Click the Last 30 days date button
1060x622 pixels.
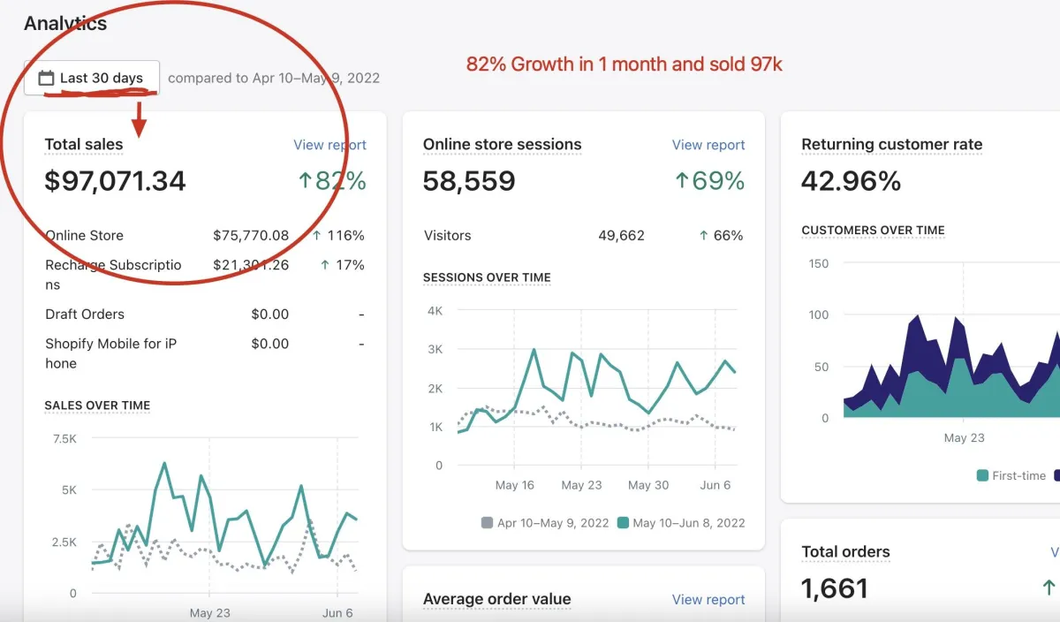tap(92, 78)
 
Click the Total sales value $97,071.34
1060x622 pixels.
tap(116, 181)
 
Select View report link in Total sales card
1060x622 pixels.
tap(329, 145)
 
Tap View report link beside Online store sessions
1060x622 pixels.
tap(708, 145)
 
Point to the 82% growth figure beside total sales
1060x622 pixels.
tap(331, 181)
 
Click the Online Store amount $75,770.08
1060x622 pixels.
tap(251, 236)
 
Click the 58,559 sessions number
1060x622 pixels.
tap(469, 181)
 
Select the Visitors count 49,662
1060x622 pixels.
tap(621, 236)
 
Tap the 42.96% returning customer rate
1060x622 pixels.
tap(851, 181)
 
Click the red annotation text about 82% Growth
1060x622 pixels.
tap(624, 64)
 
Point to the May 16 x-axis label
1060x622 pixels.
tap(515, 485)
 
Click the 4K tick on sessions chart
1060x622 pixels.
tap(435, 311)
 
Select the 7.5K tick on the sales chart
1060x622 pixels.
tap(64, 438)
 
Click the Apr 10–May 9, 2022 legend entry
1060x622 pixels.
tap(544, 523)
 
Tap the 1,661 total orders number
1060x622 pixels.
tap(835, 588)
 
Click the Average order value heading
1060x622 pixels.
tap(496, 599)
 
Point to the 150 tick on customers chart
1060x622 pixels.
tap(819, 263)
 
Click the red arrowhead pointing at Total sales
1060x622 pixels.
tap(140, 129)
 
